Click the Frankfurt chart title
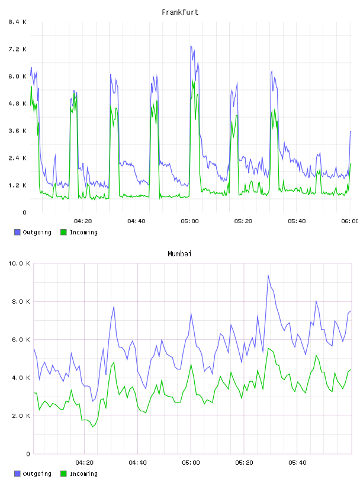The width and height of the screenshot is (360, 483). (x=180, y=12)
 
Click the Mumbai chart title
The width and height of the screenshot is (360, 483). (x=179, y=254)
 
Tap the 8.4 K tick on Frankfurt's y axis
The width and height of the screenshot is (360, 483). (x=18, y=22)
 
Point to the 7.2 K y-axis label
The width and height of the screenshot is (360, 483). (x=18, y=49)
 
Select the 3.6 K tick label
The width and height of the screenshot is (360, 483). (x=18, y=131)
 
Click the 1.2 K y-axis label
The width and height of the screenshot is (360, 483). (x=18, y=185)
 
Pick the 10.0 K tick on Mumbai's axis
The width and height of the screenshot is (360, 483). (x=19, y=263)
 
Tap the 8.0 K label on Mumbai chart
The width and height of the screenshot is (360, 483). (x=21, y=301)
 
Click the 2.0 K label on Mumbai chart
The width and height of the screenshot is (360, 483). (x=21, y=416)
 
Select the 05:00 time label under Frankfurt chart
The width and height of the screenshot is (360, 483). (x=190, y=221)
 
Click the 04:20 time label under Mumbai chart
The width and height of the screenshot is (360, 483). (x=85, y=462)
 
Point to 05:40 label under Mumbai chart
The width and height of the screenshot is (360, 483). (x=297, y=462)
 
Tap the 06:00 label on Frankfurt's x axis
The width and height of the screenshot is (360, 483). (x=350, y=221)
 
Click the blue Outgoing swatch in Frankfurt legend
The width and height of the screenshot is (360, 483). (x=17, y=232)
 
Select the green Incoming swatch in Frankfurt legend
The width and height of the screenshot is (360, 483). (x=63, y=232)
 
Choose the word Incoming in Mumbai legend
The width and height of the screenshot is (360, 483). (x=83, y=474)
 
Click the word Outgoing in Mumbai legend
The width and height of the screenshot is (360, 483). (x=37, y=474)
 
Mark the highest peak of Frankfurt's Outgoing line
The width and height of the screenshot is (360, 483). (x=191, y=46)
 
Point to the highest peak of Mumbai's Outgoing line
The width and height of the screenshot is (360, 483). (x=268, y=275)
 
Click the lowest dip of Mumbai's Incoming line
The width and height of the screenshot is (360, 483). (x=92, y=427)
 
